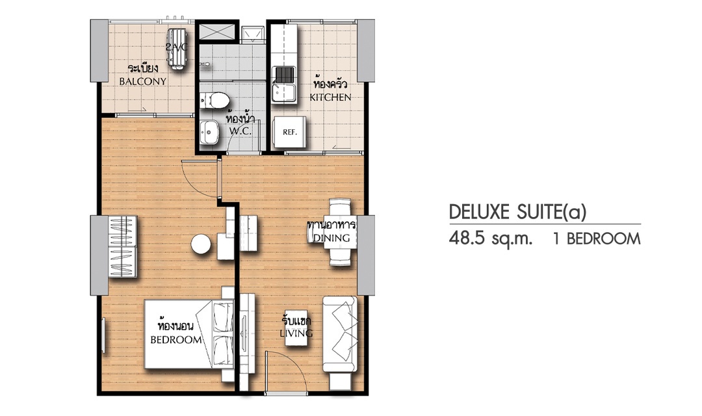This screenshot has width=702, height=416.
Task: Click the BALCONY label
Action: pos(143,81)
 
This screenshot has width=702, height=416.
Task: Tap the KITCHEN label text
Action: pos(330,97)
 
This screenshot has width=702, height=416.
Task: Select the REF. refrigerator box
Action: pos(289,132)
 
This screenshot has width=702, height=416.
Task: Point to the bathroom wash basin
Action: pos(209,133)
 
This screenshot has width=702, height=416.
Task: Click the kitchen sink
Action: pos(284,84)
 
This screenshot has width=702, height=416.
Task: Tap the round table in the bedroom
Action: pos(201,245)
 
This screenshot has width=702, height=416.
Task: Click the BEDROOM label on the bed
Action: pos(176,340)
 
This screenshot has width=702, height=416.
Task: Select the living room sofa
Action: pos(340,334)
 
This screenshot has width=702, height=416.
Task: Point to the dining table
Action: pos(340,232)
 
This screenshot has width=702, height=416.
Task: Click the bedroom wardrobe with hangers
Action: pos(122,247)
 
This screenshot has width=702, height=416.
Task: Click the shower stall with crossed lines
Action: pos(216,31)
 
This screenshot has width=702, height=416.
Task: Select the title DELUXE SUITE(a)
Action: pos(517,213)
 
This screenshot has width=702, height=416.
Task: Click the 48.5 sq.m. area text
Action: pos(491,239)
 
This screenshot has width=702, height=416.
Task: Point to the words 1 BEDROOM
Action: pos(597,239)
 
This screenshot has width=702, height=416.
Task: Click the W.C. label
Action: pos(240,131)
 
